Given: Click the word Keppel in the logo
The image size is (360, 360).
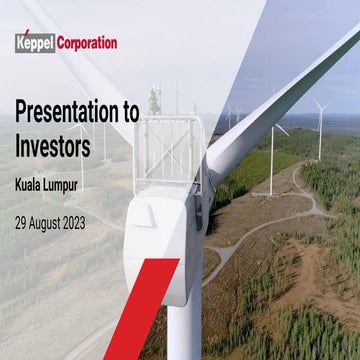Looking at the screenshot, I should pos(34,43).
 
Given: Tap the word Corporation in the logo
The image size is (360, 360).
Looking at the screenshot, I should pos(86,43).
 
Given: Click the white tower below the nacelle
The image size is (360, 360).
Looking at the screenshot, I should pos(184,320).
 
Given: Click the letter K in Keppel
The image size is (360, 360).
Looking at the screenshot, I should pos(20,43).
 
